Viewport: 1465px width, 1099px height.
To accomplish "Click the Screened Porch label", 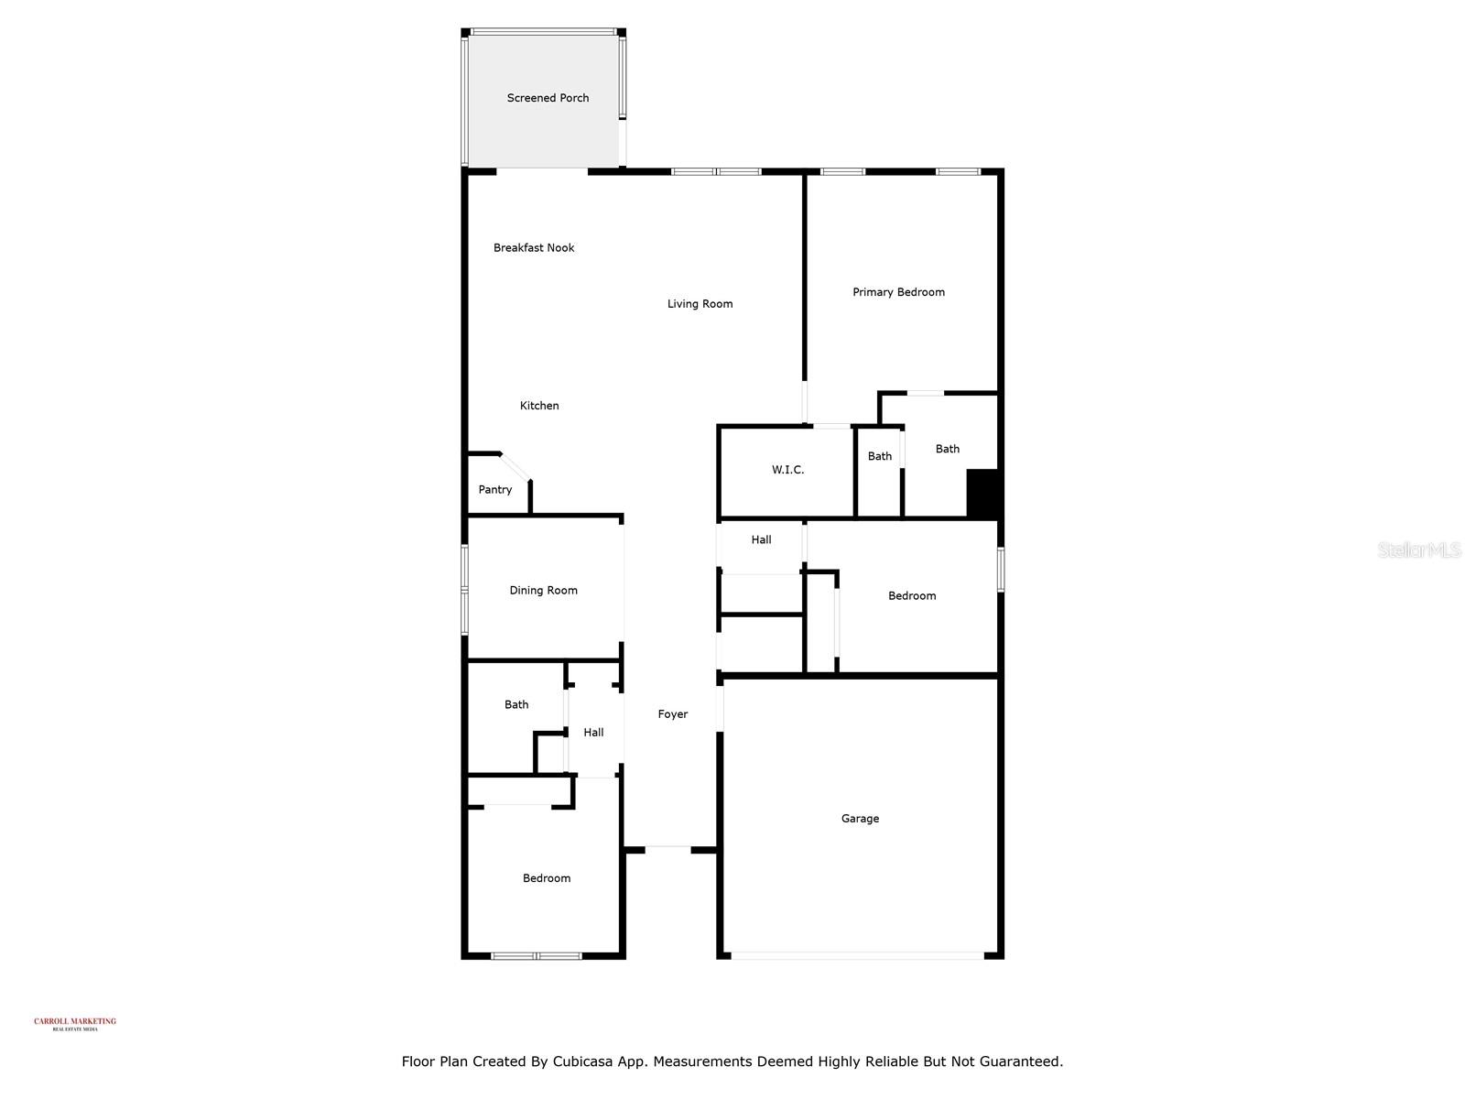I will coord(548,98).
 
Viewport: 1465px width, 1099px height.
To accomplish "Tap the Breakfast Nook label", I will coord(534,248).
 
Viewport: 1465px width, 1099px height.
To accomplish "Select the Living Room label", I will coord(700,304).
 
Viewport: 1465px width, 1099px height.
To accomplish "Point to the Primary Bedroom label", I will coord(898,292).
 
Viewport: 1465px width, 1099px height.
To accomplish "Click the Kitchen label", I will coord(539,406).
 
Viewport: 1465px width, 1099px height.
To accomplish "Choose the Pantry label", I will coord(495,490).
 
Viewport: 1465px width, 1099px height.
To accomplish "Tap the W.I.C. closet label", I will coord(787,470).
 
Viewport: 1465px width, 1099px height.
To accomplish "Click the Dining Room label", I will coord(543,591).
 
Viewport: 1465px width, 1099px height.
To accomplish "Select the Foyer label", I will coord(672,714).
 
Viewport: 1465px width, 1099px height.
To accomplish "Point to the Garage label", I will coord(860,819).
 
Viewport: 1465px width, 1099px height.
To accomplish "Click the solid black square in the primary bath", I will coord(982,494).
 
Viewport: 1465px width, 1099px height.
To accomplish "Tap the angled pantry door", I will coord(515,466).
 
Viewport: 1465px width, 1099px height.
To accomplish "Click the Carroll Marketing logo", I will coord(75,1024).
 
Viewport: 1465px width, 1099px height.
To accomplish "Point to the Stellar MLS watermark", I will coord(1419,549).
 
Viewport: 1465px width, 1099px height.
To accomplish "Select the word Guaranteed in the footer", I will coord(1017,1062).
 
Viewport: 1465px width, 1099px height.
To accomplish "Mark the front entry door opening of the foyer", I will coord(667,849).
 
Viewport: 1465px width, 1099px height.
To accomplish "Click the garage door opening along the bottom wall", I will coord(857,956).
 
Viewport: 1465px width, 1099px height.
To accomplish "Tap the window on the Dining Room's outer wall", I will coord(464,590).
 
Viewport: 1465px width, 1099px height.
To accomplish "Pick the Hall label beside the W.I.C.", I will coord(761,540).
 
